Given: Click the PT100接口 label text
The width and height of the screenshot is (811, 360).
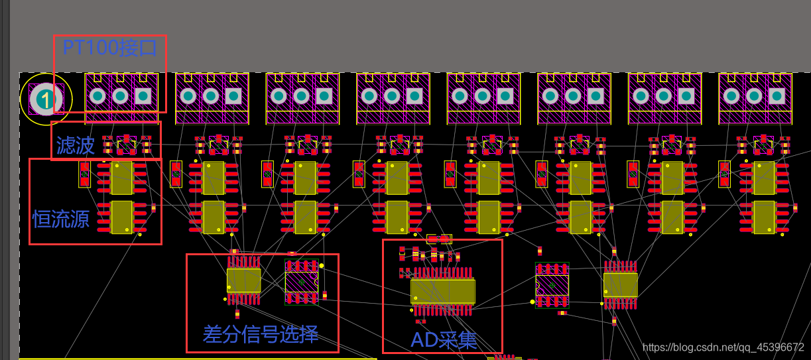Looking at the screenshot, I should (x=109, y=48).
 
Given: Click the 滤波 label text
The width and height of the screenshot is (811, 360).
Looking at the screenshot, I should (x=75, y=145).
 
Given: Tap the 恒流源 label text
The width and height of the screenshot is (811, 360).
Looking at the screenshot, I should (x=61, y=219).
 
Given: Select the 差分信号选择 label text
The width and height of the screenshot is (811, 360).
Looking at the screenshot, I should (x=261, y=333).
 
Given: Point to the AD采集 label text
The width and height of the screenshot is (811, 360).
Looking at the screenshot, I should (x=444, y=340).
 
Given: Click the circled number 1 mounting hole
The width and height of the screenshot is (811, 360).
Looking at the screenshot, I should (x=46, y=99).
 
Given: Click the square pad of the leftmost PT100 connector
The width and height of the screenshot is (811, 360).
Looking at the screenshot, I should (x=143, y=96).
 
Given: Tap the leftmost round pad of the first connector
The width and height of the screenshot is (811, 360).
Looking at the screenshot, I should (x=97, y=96).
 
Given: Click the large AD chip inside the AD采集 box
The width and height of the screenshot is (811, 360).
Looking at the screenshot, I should (x=442, y=291).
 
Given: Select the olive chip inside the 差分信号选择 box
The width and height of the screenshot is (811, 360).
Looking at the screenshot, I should (x=243, y=280).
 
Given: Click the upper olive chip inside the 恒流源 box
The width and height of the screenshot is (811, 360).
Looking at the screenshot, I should (x=122, y=177).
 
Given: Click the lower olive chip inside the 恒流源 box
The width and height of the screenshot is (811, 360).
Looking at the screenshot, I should (x=122, y=217).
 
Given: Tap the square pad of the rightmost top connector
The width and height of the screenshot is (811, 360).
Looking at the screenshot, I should (x=777, y=96).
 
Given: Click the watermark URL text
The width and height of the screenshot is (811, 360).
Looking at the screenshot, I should (x=723, y=347).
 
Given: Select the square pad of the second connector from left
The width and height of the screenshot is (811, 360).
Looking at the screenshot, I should (x=233, y=96).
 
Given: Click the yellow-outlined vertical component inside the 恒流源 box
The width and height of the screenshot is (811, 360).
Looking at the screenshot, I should (x=84, y=174).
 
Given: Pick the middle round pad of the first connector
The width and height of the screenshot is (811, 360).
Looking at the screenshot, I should (x=120, y=96).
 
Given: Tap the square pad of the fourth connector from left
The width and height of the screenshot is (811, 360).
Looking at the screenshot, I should (x=414, y=96).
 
